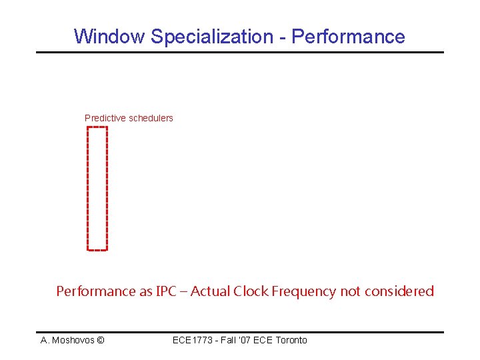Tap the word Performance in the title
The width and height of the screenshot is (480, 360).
(348, 36)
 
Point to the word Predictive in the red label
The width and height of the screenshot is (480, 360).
(104, 118)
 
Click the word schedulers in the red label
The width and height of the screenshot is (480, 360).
(150, 118)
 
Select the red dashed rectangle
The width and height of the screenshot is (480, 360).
(97, 188)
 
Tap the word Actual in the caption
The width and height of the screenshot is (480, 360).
(210, 291)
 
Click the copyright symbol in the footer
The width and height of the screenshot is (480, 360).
(100, 340)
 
